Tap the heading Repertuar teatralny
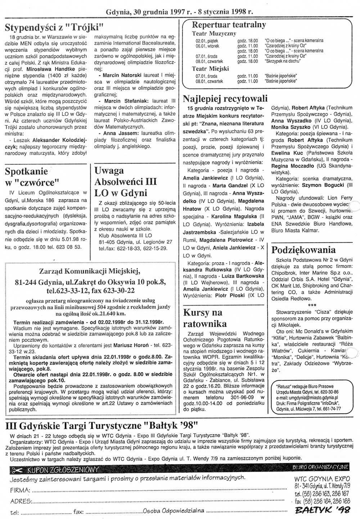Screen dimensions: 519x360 229,24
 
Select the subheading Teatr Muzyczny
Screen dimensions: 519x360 214,33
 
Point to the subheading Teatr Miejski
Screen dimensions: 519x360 209,68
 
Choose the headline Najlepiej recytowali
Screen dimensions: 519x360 225,98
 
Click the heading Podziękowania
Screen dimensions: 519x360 303,250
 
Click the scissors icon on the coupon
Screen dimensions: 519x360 17,470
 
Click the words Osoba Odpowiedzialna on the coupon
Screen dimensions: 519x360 174,510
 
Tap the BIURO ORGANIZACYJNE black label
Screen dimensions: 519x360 320,467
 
